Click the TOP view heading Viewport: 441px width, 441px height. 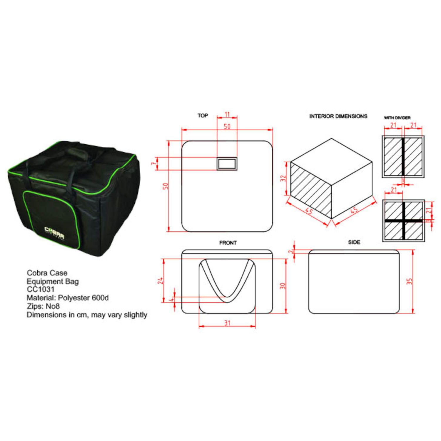coord(203,116)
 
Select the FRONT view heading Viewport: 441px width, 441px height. coord(228,243)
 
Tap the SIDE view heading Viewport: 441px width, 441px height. coord(354,242)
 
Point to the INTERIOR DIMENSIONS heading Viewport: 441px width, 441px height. coord(338,116)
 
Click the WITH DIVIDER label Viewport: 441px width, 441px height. coord(397,118)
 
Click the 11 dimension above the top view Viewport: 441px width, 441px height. coord(227,114)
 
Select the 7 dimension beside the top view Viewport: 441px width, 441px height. coord(153,163)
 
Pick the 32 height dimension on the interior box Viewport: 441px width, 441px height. coord(283,178)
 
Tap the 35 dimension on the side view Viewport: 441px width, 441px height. coord(410,281)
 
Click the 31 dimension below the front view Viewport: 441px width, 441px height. coord(227,323)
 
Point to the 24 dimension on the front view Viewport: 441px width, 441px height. coord(160,280)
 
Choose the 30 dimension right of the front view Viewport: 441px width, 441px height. coord(283,286)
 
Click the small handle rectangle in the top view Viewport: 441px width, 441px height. coord(227,163)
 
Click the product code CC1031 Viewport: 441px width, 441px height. coord(41,289)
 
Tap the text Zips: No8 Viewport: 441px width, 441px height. coord(43,306)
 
